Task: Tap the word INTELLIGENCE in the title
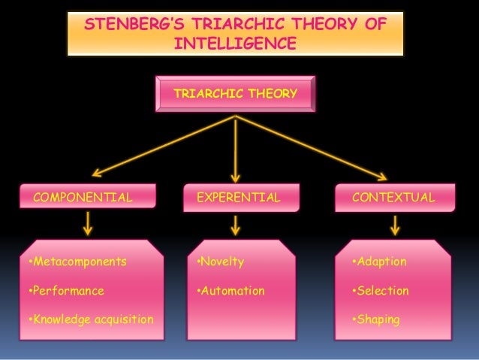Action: (235, 44)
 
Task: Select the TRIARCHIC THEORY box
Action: (235, 94)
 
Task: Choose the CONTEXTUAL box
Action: (393, 198)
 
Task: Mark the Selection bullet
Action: (381, 290)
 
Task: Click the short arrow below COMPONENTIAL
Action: (88, 222)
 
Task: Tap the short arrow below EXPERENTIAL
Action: (236, 224)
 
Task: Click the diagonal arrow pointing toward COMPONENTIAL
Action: (162, 146)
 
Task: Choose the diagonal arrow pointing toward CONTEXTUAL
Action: (312, 147)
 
